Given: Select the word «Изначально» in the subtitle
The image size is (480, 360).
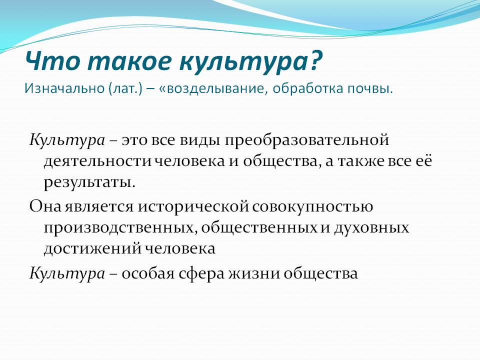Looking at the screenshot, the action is (64, 88).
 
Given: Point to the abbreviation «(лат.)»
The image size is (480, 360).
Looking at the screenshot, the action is (125, 89).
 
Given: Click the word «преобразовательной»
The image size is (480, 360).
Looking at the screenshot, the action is (306, 140).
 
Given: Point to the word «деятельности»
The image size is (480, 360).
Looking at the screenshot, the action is (97, 161).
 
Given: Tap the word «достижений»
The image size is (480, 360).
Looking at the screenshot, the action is (93, 248).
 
